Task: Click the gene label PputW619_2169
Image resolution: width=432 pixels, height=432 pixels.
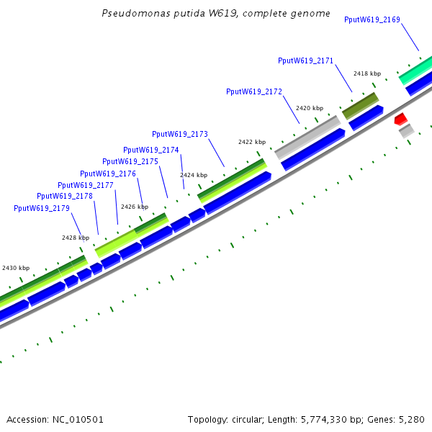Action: pyautogui.click(x=372, y=19)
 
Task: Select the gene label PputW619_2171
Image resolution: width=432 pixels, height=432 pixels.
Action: pyautogui.click(x=305, y=60)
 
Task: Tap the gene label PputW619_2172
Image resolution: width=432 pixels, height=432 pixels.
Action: pyautogui.click(x=254, y=91)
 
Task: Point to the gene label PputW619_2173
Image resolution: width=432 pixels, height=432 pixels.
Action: pyautogui.click(x=180, y=134)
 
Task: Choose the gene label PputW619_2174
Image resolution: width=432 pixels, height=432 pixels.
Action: pyautogui.click(x=151, y=150)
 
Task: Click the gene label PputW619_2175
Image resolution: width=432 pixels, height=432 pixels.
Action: pyautogui.click(x=130, y=161)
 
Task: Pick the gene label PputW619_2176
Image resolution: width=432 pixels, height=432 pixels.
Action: pyautogui.click(x=108, y=174)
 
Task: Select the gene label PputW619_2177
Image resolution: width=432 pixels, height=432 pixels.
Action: pyautogui.click(x=86, y=185)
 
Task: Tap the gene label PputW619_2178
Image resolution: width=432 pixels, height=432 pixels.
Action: pyautogui.click(x=65, y=196)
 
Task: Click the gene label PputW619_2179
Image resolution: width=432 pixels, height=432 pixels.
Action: pyautogui.click(x=42, y=208)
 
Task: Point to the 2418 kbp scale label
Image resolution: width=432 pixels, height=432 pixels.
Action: pyautogui.click(x=366, y=73)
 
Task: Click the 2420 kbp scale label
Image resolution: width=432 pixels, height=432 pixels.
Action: pyautogui.click(x=310, y=108)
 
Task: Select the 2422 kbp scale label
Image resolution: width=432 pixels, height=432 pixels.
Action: pyautogui.click(x=252, y=142)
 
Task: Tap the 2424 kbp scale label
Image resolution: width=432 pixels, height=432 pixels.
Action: pyautogui.click(x=194, y=175)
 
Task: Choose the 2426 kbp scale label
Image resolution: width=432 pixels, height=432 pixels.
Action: pyautogui.click(x=134, y=207)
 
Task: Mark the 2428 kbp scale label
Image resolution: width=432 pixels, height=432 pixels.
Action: pyautogui.click(x=76, y=237)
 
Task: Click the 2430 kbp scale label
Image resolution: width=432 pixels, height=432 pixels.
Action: pyautogui.click(x=16, y=268)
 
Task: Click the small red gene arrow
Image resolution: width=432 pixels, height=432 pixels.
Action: pyautogui.click(x=401, y=118)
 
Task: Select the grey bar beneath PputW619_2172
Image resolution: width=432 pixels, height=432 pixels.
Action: pyautogui.click(x=307, y=138)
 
